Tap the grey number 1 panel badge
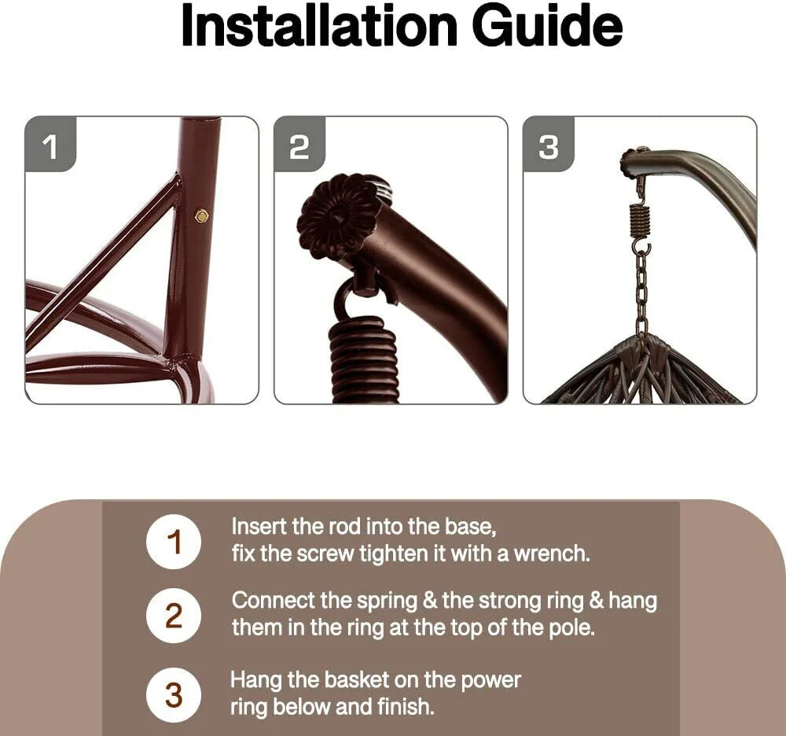coord(50,146)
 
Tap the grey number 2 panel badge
coord(299,146)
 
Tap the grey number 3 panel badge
coord(549,146)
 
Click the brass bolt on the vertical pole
coord(201,214)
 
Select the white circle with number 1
coord(174,543)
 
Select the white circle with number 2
coord(174,616)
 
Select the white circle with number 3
coord(174,695)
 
